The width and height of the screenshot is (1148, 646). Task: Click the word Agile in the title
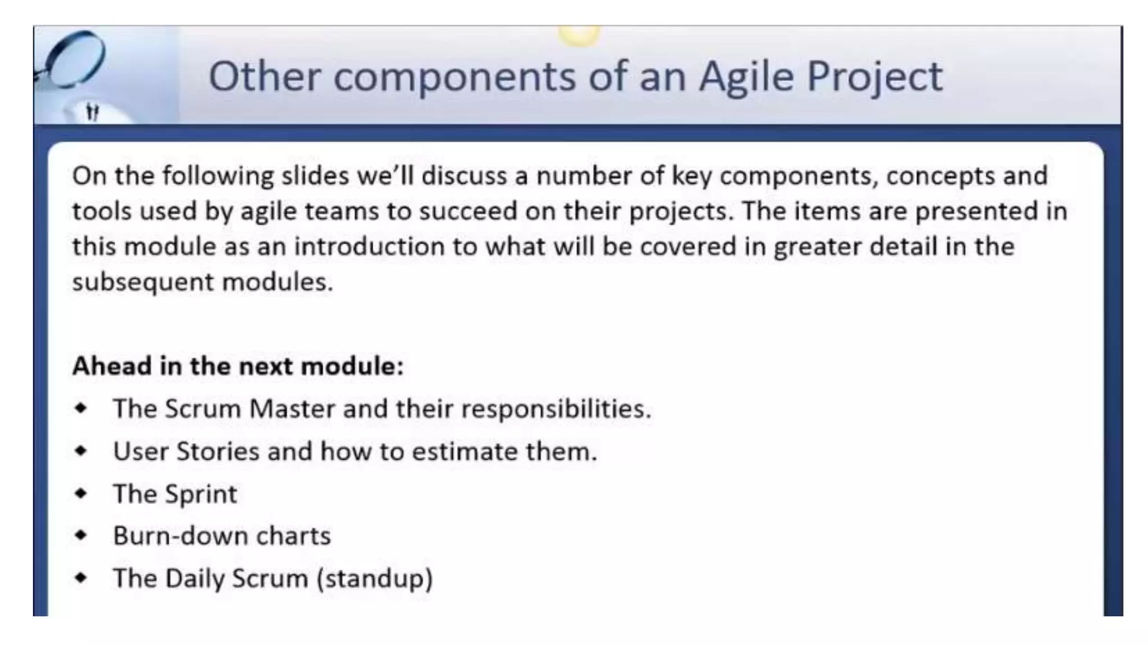[x=746, y=77]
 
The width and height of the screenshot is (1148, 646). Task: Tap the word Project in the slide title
[x=874, y=77]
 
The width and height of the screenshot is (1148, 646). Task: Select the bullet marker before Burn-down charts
[x=81, y=535]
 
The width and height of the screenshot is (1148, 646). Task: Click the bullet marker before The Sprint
[x=81, y=493]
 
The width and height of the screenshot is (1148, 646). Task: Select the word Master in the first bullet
[x=292, y=408]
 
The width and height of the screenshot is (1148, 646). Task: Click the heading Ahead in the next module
[x=238, y=366]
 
